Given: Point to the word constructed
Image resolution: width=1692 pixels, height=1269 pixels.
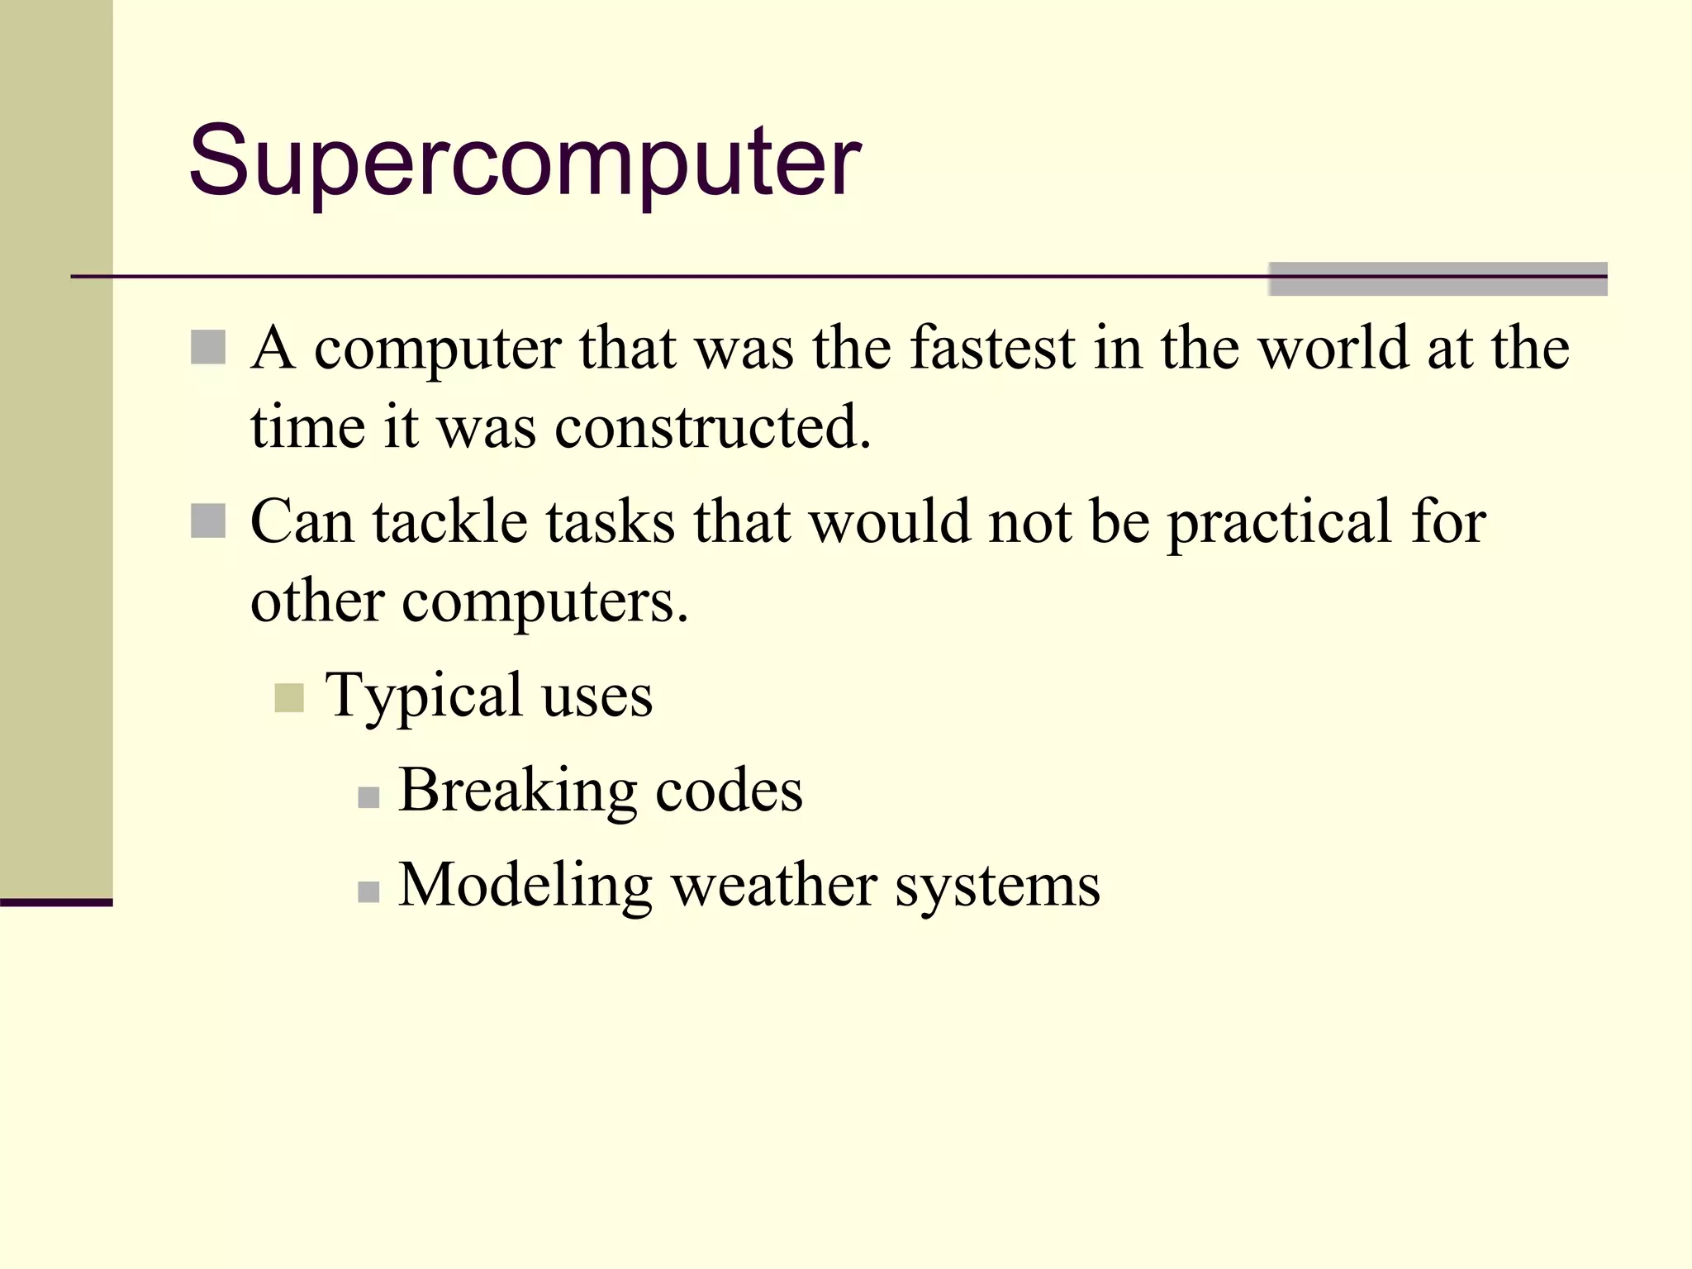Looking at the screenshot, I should point(712,428).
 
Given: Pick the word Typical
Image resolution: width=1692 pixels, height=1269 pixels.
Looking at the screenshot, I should point(424,696).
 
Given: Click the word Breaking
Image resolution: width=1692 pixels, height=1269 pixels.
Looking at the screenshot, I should point(517,791).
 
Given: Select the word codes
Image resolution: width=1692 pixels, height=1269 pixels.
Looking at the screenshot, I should point(729,791).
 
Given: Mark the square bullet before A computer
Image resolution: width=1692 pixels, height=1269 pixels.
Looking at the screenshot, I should point(208,348).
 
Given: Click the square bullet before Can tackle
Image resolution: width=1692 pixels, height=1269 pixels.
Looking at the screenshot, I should point(208,521).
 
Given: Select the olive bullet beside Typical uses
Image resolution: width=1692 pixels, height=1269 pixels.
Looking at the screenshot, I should point(289,698).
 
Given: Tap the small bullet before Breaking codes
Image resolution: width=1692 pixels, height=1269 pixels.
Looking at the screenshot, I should point(368,797).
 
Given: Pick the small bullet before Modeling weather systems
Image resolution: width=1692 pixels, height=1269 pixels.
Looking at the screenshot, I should point(368,892).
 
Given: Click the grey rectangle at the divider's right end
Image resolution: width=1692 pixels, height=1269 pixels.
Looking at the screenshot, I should point(1438,279).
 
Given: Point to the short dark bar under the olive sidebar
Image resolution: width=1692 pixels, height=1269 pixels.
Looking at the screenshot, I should point(56,902).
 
